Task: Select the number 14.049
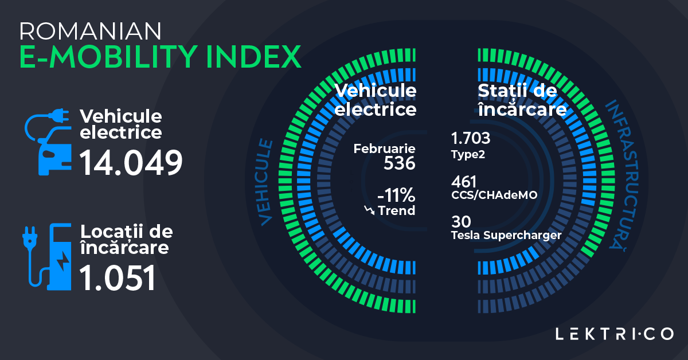coord(131,162)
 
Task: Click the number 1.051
coord(118,278)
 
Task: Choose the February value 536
coord(399,163)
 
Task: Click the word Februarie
coord(384,149)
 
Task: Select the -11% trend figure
coord(395,195)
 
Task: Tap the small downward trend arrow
coord(369,211)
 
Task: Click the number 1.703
coord(471,139)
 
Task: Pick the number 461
coord(464,182)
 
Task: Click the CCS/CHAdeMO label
coord(494,195)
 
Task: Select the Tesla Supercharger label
coord(505,235)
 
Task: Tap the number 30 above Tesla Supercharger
coord(460,221)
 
